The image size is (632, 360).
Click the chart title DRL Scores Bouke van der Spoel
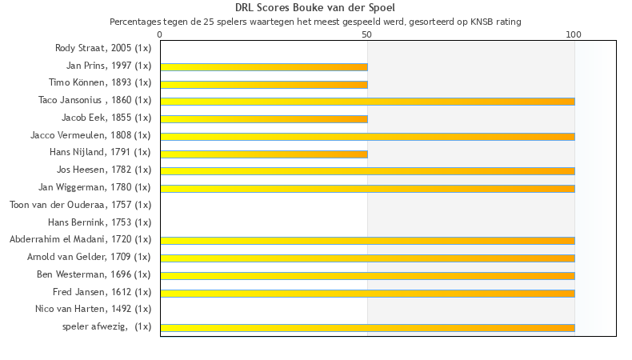[315, 8]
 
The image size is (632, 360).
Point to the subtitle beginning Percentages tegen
[315, 22]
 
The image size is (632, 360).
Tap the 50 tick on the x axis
[367, 34]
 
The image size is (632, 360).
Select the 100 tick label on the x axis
[574, 34]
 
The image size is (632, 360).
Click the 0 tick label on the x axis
[160, 34]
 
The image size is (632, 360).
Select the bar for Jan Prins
[264, 66]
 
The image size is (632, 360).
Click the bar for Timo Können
[264, 84]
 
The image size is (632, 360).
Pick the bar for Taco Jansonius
[367, 102]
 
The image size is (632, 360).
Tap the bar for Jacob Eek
[264, 118]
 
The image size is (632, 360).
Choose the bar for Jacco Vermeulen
[367, 136]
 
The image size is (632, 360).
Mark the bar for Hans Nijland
[264, 154]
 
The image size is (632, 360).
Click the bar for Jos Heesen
[367, 170]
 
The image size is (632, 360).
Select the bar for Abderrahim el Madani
[367, 240]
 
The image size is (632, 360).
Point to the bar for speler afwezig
[367, 327]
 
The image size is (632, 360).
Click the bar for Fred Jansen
[367, 293]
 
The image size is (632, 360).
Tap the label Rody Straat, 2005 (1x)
[103, 48]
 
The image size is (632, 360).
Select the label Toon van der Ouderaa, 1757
[80, 205]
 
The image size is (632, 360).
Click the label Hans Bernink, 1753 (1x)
[99, 222]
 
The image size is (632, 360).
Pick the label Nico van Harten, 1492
[93, 309]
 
